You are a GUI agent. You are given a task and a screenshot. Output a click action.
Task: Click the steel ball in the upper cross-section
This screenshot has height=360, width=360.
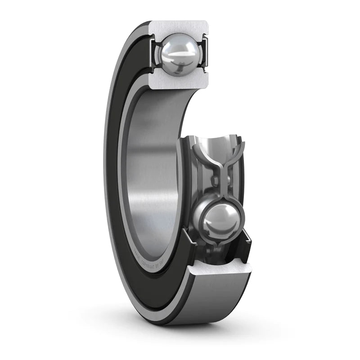(179, 55)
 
